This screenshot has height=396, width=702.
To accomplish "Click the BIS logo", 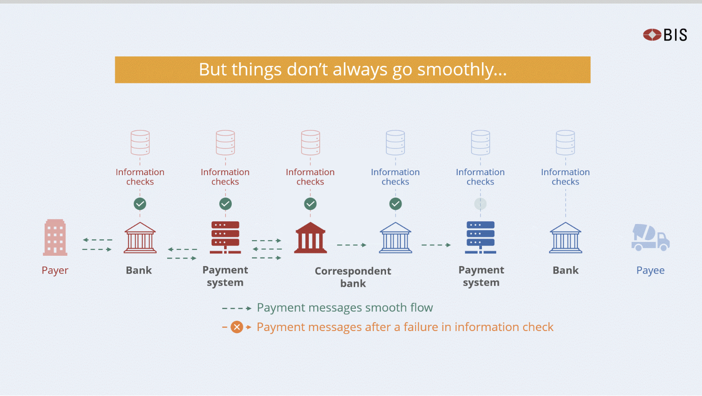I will coord(665,34).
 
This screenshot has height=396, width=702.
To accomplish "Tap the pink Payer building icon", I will coord(55,237).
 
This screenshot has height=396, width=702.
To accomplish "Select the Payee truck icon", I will coord(650,237).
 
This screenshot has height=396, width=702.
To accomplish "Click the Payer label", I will coord(55,270).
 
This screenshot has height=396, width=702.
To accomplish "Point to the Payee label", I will coord(650,270).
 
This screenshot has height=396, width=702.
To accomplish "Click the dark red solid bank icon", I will coord(310,238).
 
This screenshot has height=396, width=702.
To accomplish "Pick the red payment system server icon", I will coord(225,237).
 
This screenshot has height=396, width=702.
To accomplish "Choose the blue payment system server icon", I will coord(481,237).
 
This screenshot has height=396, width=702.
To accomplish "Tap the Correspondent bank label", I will coord(353,277).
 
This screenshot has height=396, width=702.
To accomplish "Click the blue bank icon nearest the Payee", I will coord(566,238).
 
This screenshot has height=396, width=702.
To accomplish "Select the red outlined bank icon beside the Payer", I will coord(140,238).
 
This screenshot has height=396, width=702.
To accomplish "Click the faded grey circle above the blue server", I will coord(481,204).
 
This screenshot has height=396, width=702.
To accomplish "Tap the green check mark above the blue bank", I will coord(395,204).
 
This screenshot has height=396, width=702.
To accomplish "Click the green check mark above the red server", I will coord(225,204).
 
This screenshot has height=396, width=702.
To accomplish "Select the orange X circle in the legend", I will coord(237,327).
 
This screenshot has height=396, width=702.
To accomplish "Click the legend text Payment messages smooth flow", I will coord(345,308).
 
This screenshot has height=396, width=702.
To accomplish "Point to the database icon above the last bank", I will coord(565,142).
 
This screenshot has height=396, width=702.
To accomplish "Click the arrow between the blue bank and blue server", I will coord(436,245).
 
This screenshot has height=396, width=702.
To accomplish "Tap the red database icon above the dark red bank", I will coord(310,142).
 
